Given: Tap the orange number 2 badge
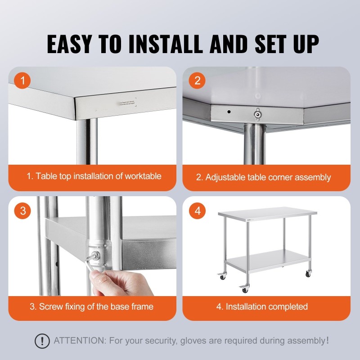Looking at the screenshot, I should [x=197, y=81].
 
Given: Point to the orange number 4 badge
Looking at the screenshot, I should [x=197, y=211].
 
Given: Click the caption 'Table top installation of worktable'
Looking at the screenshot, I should [x=94, y=176].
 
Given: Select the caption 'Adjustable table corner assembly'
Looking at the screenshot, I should [x=263, y=177].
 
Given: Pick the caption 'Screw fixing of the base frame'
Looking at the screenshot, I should [x=91, y=307].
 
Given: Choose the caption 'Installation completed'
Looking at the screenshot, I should [x=262, y=307].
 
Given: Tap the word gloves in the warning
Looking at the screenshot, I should [x=197, y=341].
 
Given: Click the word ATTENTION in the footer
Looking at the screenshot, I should [x=81, y=341].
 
